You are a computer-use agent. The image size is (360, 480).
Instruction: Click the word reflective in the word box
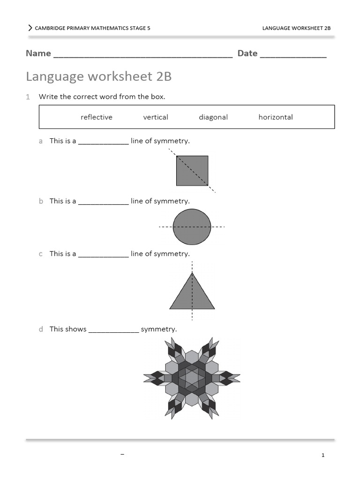(97, 117)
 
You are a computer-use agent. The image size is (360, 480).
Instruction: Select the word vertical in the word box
(156, 117)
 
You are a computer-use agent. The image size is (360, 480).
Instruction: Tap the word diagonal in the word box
(213, 117)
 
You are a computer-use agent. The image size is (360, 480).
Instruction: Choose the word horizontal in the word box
(276, 117)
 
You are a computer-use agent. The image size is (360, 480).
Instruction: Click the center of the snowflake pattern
(192, 378)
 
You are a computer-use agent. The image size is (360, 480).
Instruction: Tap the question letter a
(41, 141)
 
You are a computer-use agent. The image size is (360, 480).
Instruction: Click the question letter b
(41, 201)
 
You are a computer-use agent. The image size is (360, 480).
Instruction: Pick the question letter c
(41, 254)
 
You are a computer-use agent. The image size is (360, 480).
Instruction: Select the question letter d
(41, 329)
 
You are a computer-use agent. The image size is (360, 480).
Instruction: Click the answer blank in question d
(114, 330)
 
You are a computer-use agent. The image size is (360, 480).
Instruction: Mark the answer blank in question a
(103, 142)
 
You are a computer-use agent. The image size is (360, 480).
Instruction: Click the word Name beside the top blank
(38, 53)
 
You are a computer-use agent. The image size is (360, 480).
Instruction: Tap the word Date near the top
(247, 53)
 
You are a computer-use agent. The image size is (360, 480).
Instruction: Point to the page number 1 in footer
(323, 455)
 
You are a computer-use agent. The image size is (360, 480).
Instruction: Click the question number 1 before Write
(28, 97)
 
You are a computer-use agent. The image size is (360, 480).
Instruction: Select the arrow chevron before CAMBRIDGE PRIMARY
(30, 28)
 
